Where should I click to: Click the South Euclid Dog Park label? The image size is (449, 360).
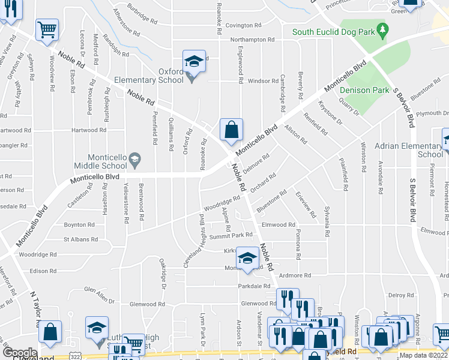pyautogui.click(x=333, y=31)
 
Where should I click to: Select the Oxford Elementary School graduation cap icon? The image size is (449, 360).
pyautogui.click(x=194, y=61)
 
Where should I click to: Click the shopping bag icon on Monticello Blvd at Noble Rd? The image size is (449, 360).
pyautogui.click(x=231, y=129)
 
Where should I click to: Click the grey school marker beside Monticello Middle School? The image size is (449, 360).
pyautogui.click(x=135, y=158)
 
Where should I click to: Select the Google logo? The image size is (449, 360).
pyautogui.click(x=19, y=352)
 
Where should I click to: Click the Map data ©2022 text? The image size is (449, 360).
pyautogui.click(x=424, y=355)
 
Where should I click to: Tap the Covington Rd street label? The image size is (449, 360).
pyautogui.click(x=244, y=26)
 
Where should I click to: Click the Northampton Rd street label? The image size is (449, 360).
pyautogui.click(x=252, y=40)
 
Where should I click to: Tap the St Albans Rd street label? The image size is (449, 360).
pyautogui.click(x=80, y=239)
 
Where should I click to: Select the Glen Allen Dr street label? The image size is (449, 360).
pyautogui.click(x=99, y=291)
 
